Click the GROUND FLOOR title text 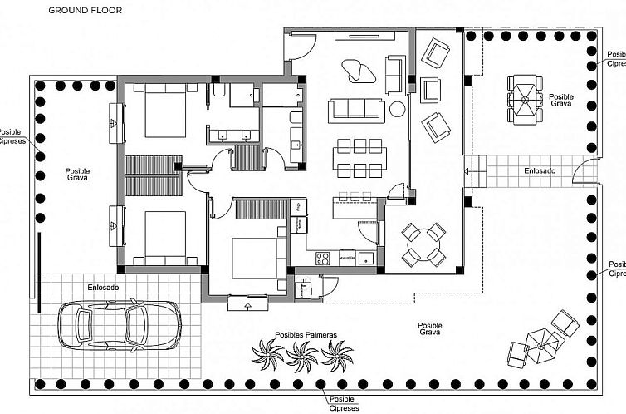85,11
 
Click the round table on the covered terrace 423,243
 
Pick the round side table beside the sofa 398,109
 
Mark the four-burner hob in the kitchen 324,257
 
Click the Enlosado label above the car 104,288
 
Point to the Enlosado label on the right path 540,170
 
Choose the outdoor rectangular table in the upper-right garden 524,99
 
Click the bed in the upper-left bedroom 165,115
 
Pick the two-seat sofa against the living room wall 395,73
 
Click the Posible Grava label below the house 429,329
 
